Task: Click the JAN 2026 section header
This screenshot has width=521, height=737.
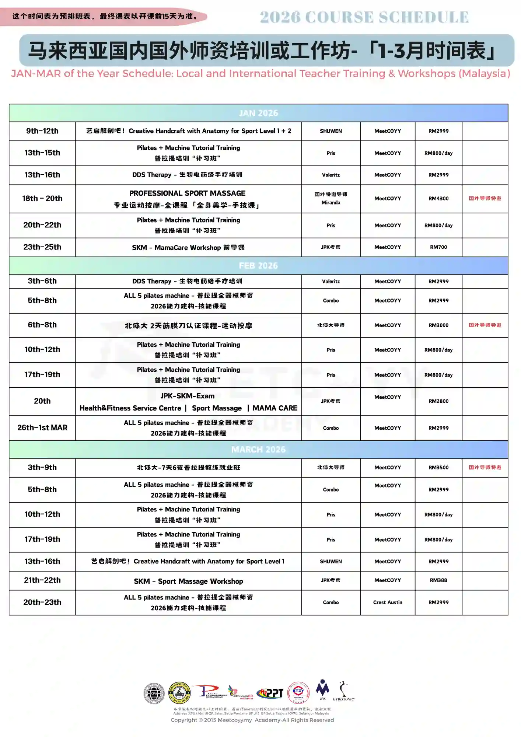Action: click(x=258, y=113)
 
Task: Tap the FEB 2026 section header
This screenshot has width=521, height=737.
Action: click(x=258, y=266)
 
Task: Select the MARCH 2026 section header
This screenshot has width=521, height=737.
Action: click(x=258, y=450)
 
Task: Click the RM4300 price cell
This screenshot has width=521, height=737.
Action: click(x=438, y=199)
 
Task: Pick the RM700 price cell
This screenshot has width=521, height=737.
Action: click(x=438, y=247)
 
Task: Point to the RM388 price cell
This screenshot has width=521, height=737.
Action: click(x=438, y=580)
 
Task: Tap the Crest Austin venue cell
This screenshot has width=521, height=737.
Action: click(x=388, y=602)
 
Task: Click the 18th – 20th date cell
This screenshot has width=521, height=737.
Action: click(x=42, y=199)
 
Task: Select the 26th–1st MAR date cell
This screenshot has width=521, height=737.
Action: click(x=42, y=428)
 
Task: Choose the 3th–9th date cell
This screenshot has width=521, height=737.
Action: click(x=42, y=468)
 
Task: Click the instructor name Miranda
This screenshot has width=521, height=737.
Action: click(x=331, y=203)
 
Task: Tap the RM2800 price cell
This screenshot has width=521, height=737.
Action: click(x=438, y=401)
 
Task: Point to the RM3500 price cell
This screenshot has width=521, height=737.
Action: click(x=438, y=468)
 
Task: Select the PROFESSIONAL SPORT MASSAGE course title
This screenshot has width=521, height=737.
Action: click(x=187, y=193)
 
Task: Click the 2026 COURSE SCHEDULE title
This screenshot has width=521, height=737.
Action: click(x=364, y=17)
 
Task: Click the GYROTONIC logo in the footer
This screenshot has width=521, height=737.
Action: click(x=344, y=691)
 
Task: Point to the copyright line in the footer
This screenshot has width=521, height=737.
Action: click(x=252, y=720)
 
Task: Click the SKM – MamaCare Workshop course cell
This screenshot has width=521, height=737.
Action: click(x=188, y=248)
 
